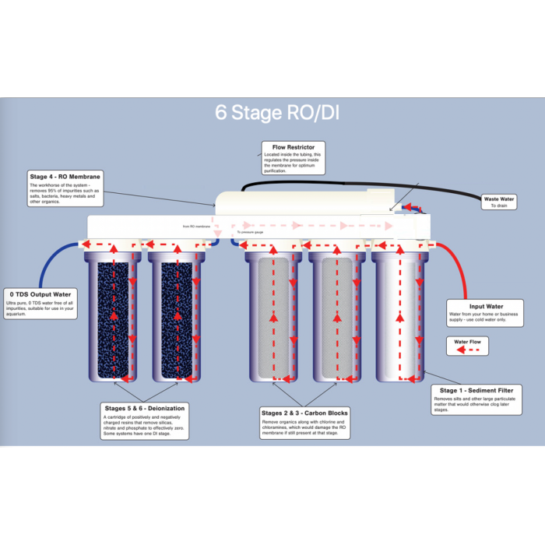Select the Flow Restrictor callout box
pyautogui.click(x=294, y=159)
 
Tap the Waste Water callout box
pyautogui.click(x=499, y=202)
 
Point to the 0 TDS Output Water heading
pyautogui.click(x=40, y=294)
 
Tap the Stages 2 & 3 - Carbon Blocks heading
pyautogui.click(x=305, y=413)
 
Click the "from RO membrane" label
pyautogui.click(x=196, y=226)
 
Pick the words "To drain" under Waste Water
pyautogui.click(x=499, y=206)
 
